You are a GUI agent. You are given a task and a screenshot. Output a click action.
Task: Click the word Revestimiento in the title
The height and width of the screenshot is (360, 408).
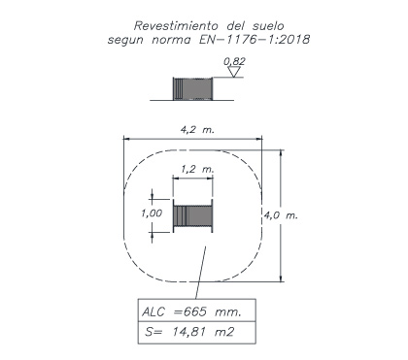(177, 25)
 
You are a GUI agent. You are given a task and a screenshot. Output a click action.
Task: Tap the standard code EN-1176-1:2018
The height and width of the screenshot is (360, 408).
(255, 40)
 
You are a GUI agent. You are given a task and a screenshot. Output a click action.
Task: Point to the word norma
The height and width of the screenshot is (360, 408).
(171, 40)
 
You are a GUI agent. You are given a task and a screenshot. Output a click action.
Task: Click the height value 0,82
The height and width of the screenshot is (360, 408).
(234, 61)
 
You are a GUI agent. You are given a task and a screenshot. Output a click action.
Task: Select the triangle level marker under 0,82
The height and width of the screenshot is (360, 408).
(234, 72)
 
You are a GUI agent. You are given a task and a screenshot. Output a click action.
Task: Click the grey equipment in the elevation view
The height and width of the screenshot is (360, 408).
(192, 88)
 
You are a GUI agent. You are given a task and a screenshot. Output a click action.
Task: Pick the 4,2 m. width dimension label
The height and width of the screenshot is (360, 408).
(197, 130)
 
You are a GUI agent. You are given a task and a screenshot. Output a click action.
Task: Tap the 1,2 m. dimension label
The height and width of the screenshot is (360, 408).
(197, 169)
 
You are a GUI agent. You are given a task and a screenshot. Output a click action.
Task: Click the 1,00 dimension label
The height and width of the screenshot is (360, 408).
(152, 213)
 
